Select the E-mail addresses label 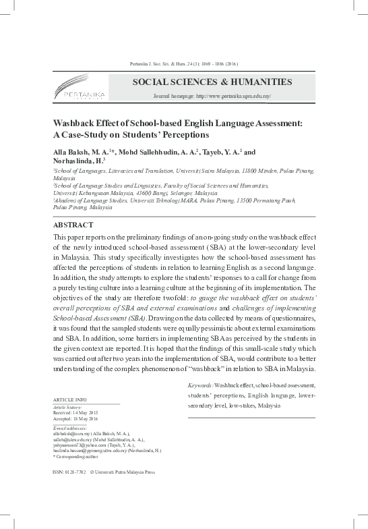click(x=70, y=426)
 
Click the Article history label click(x=67, y=406)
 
